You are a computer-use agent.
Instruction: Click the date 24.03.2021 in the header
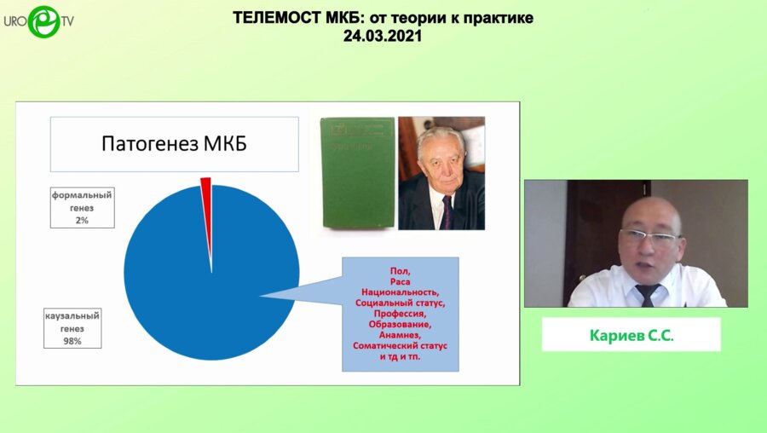[383, 37]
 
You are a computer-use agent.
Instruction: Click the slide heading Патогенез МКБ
[174, 143]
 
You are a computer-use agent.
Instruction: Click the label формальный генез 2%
[82, 207]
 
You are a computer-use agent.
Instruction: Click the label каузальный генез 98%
[73, 328]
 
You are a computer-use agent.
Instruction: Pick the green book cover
[357, 173]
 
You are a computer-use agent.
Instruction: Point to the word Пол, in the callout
[400, 270]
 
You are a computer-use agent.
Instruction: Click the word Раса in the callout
[400, 281]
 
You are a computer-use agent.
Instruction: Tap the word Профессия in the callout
[400, 314]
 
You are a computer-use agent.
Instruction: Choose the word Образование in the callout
[400, 325]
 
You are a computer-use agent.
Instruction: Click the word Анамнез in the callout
[400, 335]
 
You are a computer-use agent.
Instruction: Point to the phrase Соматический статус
[400, 346]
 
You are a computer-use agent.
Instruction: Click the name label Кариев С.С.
[631, 335]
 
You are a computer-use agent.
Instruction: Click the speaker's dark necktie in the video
[647, 294]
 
